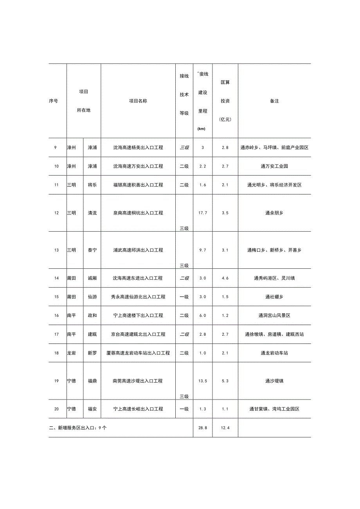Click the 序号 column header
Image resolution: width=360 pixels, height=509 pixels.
[54, 101]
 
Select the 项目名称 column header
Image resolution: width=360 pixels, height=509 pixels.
[138, 101]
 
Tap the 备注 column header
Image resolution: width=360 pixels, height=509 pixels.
[274, 101]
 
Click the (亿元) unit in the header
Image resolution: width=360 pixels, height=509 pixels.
[225, 119]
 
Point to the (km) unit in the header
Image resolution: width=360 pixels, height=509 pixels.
[202, 129]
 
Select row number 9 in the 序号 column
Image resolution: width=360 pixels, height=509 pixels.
[56, 147]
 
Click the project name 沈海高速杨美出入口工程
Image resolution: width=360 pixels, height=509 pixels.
[138, 147]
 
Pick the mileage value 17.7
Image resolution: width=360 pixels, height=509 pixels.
[202, 213]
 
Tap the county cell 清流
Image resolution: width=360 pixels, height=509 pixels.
[92, 213]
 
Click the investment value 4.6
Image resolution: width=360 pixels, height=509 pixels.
[225, 278]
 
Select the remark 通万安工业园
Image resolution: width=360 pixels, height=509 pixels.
[274, 166]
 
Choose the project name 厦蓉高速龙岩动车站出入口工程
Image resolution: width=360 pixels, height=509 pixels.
[138, 353]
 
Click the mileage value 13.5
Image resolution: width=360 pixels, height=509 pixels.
[202, 381]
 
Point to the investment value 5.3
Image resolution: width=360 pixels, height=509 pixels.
[225, 381]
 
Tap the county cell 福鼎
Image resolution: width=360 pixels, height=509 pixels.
[92, 381]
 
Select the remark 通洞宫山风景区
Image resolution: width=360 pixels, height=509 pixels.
[274, 315]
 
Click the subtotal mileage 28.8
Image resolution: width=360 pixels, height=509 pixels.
[202, 428]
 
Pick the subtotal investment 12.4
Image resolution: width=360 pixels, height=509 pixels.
[225, 428]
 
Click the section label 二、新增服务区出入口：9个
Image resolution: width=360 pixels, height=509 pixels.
[78, 428]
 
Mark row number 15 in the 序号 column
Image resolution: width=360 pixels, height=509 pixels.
[56, 297]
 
